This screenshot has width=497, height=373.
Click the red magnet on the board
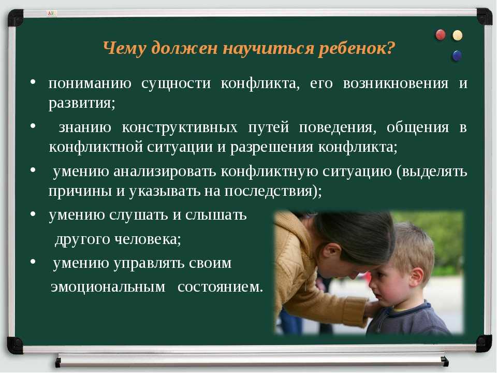441,35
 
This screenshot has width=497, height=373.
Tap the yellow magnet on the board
457,35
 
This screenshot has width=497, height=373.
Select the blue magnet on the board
457,56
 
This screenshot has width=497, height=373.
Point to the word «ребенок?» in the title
357,49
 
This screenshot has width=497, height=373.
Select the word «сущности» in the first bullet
176,83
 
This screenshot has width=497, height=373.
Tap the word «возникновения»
396,83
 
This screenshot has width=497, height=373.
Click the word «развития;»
82,103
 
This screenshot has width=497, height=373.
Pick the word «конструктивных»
180,127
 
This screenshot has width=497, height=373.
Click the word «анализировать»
165,171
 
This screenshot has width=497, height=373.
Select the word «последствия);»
273,191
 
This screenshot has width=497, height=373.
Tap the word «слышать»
216,215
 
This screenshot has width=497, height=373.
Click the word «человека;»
148,239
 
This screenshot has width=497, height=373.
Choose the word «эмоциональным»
108,287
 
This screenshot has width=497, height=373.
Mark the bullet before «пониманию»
33,82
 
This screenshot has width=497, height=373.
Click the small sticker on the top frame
51,13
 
